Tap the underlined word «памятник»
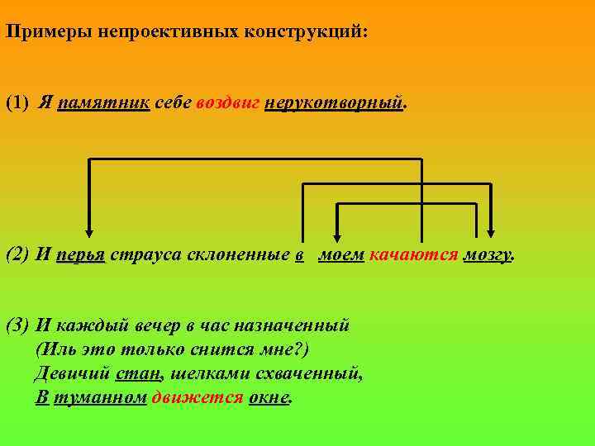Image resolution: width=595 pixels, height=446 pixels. [103, 103]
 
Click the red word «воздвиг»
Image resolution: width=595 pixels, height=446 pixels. [228, 103]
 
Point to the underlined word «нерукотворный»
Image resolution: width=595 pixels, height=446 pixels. [335, 103]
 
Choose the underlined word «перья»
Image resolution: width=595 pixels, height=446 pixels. [80, 255]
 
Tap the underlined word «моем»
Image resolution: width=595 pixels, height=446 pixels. [340, 254]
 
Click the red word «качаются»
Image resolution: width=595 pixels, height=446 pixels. [413, 254]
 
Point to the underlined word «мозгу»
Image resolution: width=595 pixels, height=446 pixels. [488, 255]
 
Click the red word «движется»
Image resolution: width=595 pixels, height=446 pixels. [198, 397]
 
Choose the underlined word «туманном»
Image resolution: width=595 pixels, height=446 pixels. [100, 397]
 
